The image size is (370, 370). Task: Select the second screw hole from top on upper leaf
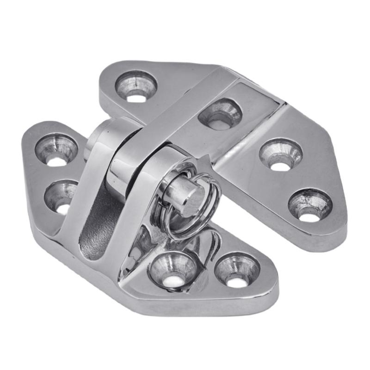pyautogui.click(x=220, y=114)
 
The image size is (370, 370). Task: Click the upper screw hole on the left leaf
pyautogui.click(x=56, y=149)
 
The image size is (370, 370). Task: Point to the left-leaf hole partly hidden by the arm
pyautogui.click(x=61, y=196)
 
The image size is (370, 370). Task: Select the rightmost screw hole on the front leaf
pyautogui.click(x=237, y=271)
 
